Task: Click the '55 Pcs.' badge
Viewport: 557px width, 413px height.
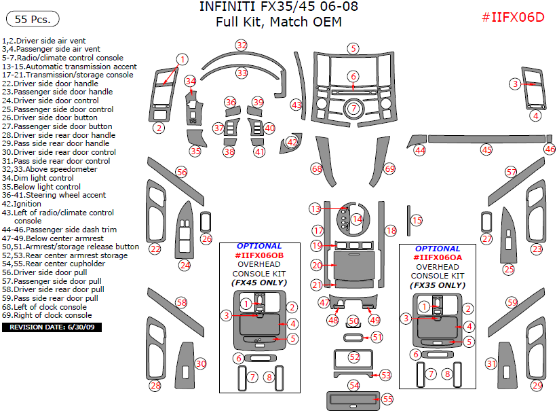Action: pyautogui.click(x=33, y=19)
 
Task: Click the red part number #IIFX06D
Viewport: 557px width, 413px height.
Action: pyautogui.click(x=513, y=17)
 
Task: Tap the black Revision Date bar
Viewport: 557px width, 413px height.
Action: pyautogui.click(x=52, y=327)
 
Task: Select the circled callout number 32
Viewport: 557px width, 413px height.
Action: pyautogui.click(x=242, y=46)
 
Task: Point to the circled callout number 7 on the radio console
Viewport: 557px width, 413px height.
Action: pyautogui.click(x=354, y=108)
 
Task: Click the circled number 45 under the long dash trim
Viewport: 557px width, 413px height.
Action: pyautogui.click(x=486, y=149)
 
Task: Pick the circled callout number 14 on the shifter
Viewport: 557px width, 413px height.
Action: pyautogui.click(x=357, y=219)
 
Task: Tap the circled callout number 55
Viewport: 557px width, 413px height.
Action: pyautogui.click(x=388, y=399)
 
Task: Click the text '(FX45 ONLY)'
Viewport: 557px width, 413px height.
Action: pyautogui.click(x=259, y=283)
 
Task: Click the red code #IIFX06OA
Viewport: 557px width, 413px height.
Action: pyautogui.click(x=438, y=257)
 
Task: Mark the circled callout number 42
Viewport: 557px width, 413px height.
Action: pyautogui.click(x=292, y=142)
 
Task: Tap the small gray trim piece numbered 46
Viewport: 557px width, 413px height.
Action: pyautogui.click(x=549, y=139)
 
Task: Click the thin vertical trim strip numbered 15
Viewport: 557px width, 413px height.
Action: pyautogui.click(x=408, y=221)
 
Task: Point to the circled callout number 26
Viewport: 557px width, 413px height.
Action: pyautogui.click(x=206, y=238)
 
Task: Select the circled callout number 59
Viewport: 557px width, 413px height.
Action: pyautogui.click(x=512, y=303)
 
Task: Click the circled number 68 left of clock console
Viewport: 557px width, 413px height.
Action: pyautogui.click(x=317, y=168)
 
